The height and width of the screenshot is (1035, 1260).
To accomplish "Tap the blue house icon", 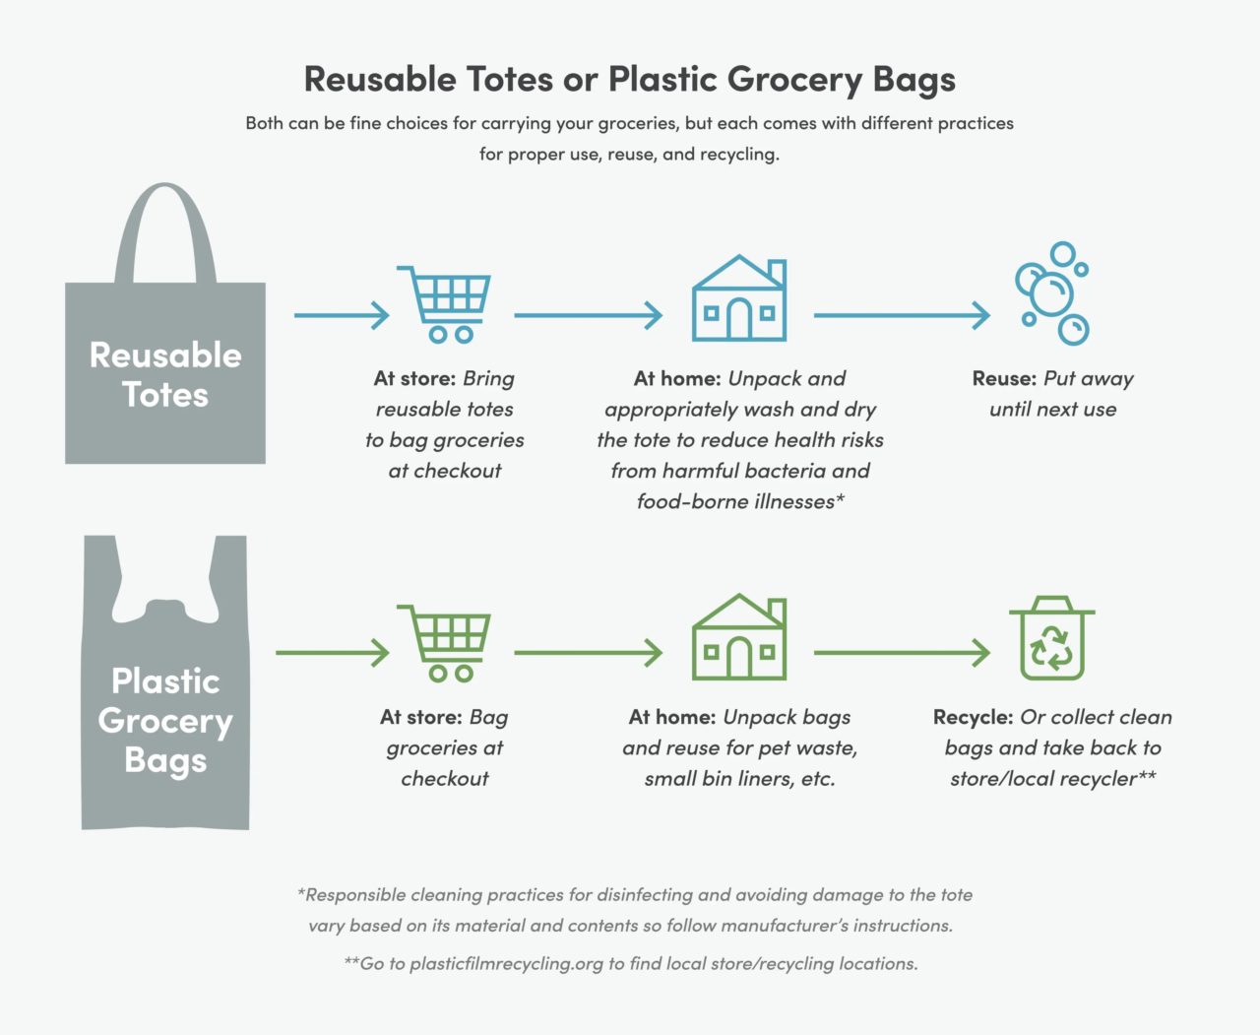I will coord(738,298).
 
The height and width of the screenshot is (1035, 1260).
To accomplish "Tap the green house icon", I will coord(738,637).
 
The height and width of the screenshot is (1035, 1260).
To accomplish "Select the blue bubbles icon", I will coord(1051,292).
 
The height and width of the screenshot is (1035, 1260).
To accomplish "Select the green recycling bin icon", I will coord(1051,638).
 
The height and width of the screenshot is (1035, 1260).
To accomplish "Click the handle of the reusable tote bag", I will coord(164,226).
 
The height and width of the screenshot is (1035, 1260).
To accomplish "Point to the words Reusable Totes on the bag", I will coord(165,374).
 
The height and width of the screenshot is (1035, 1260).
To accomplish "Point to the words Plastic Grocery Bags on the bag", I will coord(165,720).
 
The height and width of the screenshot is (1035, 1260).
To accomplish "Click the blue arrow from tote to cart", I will coord(342,315).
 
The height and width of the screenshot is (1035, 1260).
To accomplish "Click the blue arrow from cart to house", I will coord(588,315).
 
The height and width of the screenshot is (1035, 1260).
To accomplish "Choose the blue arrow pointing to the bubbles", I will coord(901,315).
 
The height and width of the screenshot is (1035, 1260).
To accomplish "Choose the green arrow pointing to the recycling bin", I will coord(901,652).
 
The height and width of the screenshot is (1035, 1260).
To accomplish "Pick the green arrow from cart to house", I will coord(588,652).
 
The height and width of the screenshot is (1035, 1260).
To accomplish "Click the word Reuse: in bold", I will coord(1004,379).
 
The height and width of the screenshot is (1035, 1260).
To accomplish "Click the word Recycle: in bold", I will coord(973,717).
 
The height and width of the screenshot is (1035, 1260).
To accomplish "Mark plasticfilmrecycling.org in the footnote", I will coord(506,963).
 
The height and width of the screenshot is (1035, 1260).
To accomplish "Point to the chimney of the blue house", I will coord(777,272).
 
